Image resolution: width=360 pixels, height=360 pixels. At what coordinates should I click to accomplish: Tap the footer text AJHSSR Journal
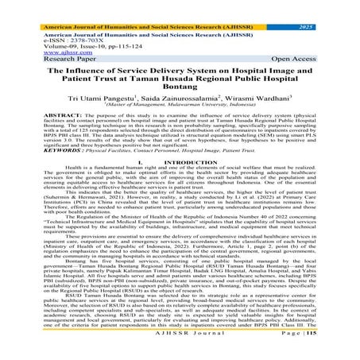[180, 353]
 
